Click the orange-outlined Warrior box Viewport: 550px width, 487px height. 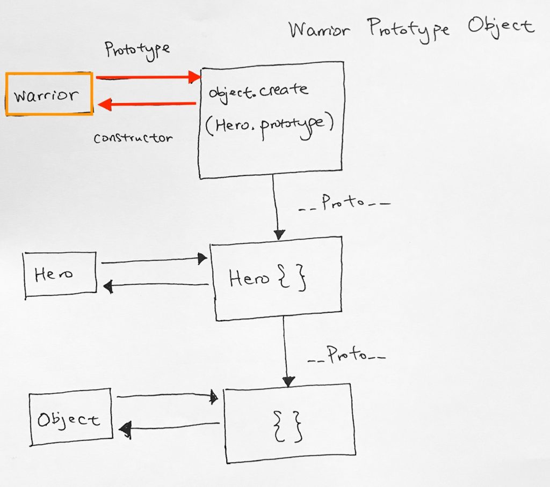tap(49, 94)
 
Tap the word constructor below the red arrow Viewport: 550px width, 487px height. tap(133, 138)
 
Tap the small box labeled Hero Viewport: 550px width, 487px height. tap(60, 274)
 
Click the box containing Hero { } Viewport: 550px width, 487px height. tap(276, 278)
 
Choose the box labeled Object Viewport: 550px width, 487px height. tap(70, 417)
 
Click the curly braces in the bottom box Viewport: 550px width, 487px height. tap(288, 424)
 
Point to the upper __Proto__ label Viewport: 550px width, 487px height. tap(344, 204)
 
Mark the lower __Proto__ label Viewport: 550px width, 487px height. tap(346, 356)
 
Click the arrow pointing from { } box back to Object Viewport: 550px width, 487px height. tap(169, 427)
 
